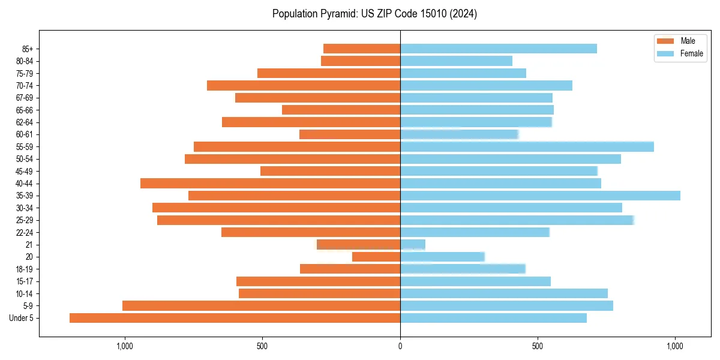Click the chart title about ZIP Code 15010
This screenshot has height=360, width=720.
pos(374,14)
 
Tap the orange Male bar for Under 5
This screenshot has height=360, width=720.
pos(235,318)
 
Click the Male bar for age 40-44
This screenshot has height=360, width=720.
pos(270,183)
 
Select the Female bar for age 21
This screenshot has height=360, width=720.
pos(413,244)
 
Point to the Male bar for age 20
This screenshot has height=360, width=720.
pos(376,257)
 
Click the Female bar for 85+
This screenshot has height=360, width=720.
pos(498,49)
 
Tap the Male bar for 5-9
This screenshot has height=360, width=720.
pos(261,306)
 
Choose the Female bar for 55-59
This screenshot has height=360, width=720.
pos(527,146)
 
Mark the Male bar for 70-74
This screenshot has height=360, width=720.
pos(304,85)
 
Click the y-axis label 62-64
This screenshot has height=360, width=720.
pos(25,122)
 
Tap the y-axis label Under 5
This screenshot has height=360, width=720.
pos(22,318)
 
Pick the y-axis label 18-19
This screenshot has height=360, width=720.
pos(25,269)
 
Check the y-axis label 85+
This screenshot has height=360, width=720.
pos(28,49)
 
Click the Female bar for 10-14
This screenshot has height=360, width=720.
pos(504,293)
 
